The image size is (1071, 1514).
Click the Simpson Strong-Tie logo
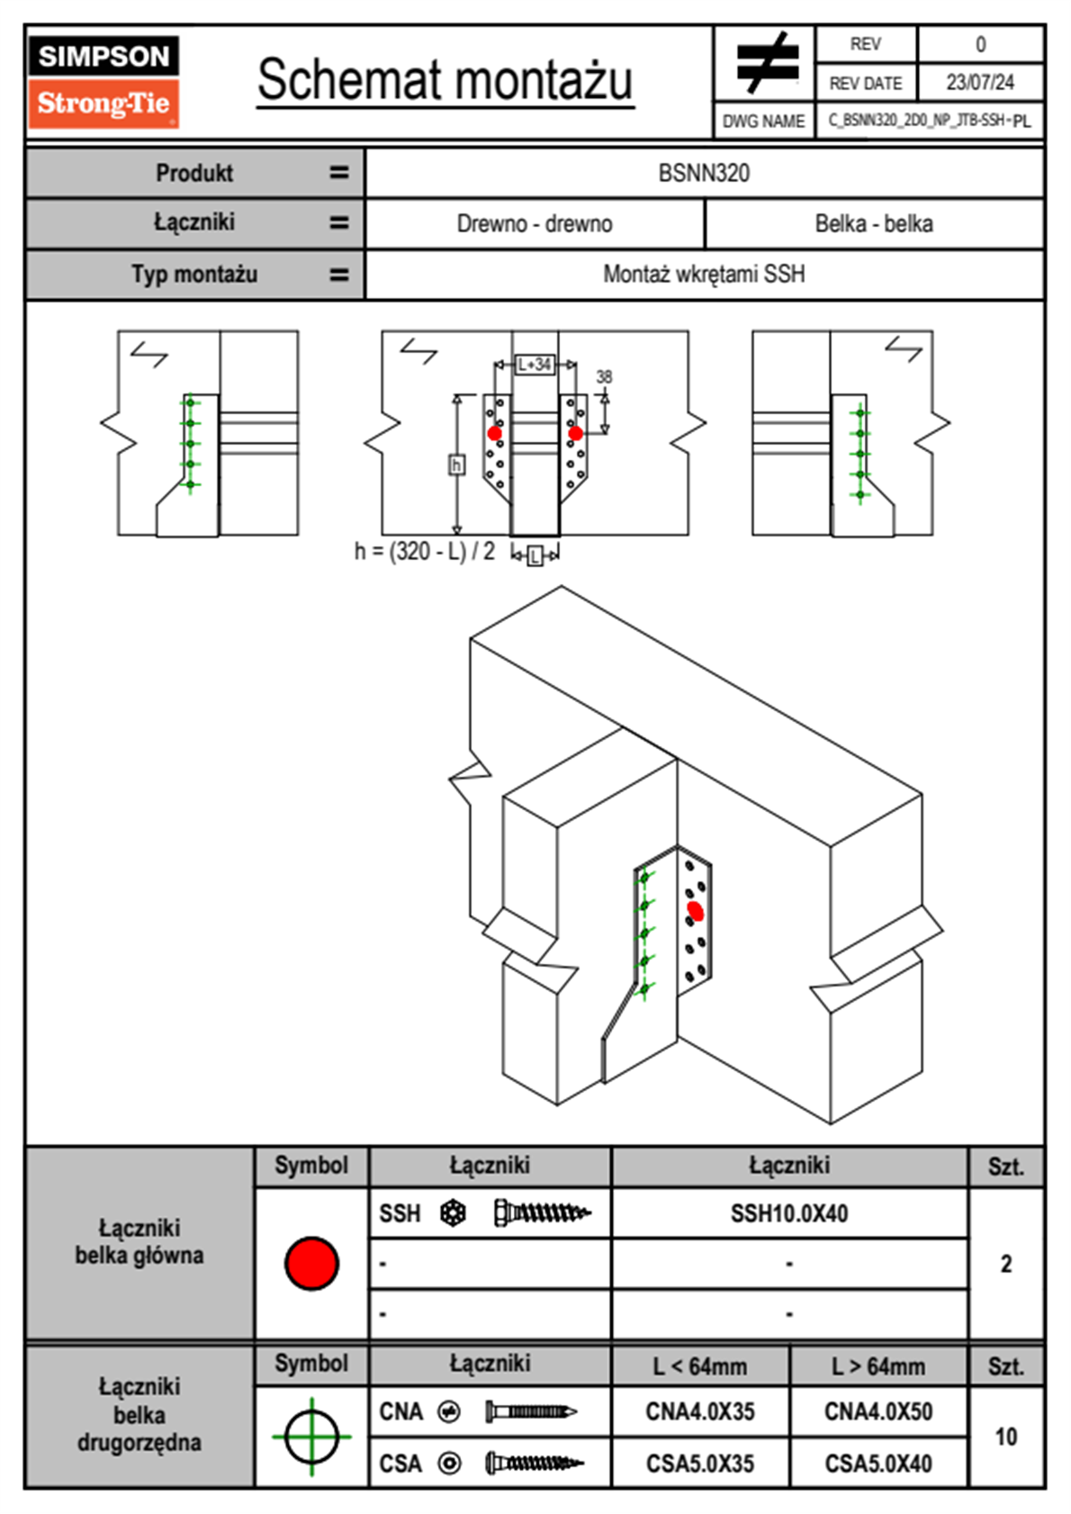(x=103, y=81)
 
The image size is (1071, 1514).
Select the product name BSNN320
(x=704, y=173)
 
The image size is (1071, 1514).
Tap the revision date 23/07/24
(x=979, y=82)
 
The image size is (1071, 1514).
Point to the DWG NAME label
(x=763, y=122)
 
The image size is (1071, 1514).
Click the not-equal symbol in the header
(x=766, y=63)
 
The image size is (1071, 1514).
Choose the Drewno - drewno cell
(x=535, y=223)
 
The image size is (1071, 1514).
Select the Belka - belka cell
(x=873, y=223)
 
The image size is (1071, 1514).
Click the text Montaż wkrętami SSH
(x=704, y=274)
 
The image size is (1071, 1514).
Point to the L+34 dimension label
(x=535, y=365)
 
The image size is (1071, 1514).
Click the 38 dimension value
(x=604, y=376)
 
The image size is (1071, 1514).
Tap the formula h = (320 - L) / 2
(x=424, y=551)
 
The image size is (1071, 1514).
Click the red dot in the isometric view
(x=695, y=911)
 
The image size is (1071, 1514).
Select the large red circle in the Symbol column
(x=311, y=1263)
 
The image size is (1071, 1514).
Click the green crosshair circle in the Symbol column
(x=311, y=1437)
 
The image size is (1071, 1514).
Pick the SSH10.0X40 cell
(x=789, y=1213)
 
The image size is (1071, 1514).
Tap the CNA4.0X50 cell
(x=878, y=1411)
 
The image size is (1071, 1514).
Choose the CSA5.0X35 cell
(x=700, y=1464)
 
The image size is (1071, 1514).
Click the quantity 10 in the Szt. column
(x=1005, y=1437)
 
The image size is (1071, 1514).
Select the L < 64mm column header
(x=700, y=1366)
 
